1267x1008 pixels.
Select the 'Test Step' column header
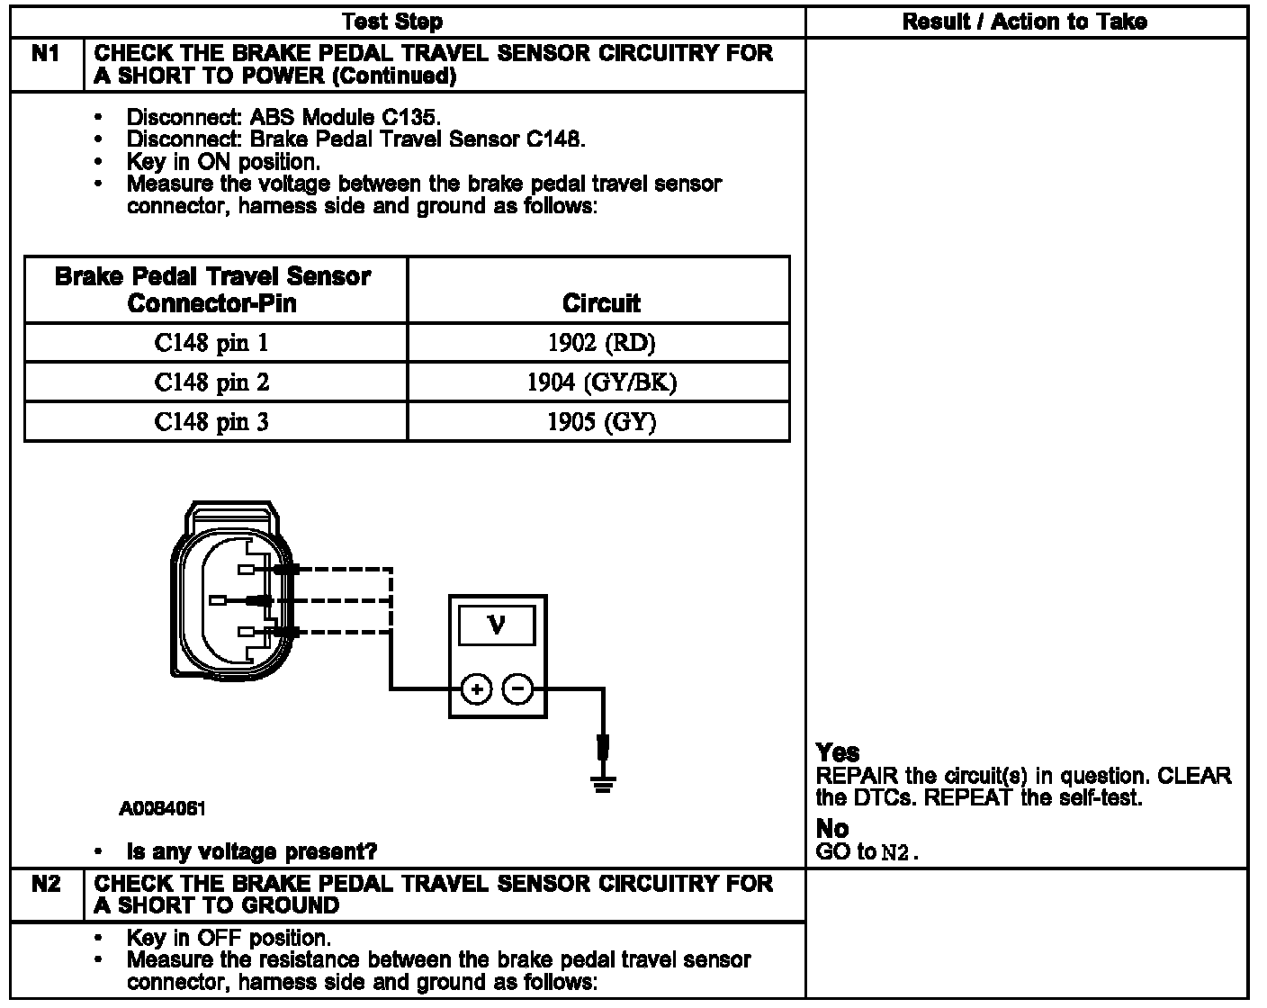tap(393, 22)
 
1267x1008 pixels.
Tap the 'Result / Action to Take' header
tap(1024, 22)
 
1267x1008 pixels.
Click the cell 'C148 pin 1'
tap(211, 343)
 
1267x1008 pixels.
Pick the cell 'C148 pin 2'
tap(211, 382)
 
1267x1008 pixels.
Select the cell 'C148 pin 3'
tap(211, 422)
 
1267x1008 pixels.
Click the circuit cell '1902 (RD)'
tap(600, 343)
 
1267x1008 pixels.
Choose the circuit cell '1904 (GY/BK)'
tap(600, 382)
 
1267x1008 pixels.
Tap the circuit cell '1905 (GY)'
tap(600, 422)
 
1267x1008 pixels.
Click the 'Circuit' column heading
tap(600, 302)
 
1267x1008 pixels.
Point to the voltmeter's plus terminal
tap(476, 690)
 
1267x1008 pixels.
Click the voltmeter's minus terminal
tap(517, 690)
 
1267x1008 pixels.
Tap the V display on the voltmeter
tap(496, 625)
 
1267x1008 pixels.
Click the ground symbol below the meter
tap(602, 783)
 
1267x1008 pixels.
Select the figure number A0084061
tap(162, 808)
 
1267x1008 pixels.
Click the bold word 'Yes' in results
tap(837, 752)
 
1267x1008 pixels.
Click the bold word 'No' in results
tap(832, 828)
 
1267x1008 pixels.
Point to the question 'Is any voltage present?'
tap(252, 851)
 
